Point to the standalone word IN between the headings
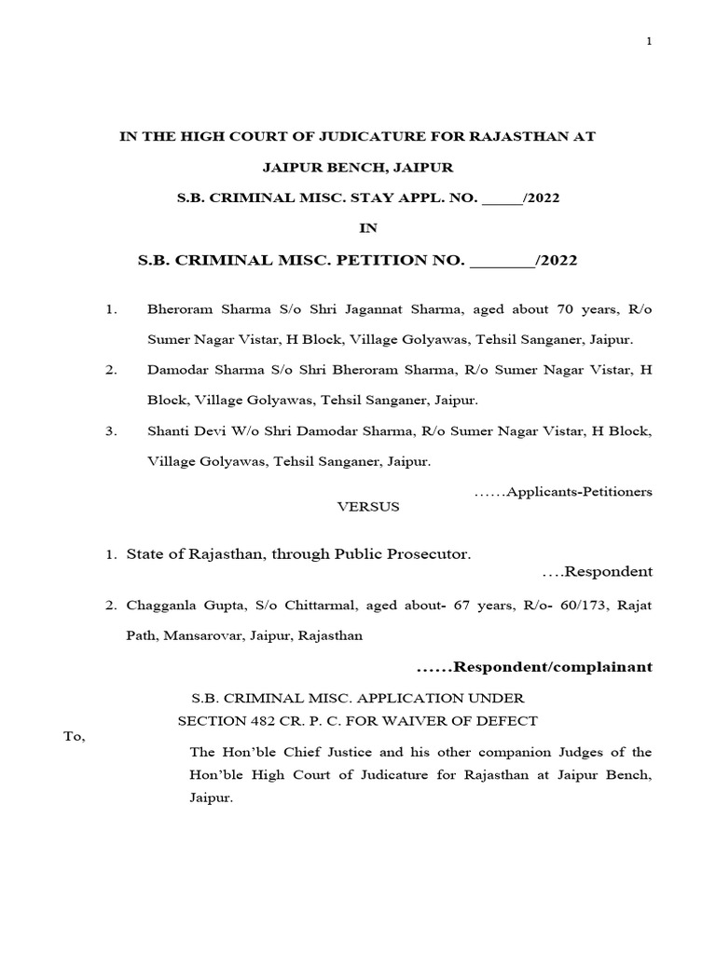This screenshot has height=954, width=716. coord(367,227)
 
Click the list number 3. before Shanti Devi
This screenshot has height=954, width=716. coord(111,431)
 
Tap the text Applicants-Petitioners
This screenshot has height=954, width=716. coord(578,491)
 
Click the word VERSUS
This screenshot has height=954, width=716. coord(367,507)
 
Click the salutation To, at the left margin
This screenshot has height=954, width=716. coord(74,737)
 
